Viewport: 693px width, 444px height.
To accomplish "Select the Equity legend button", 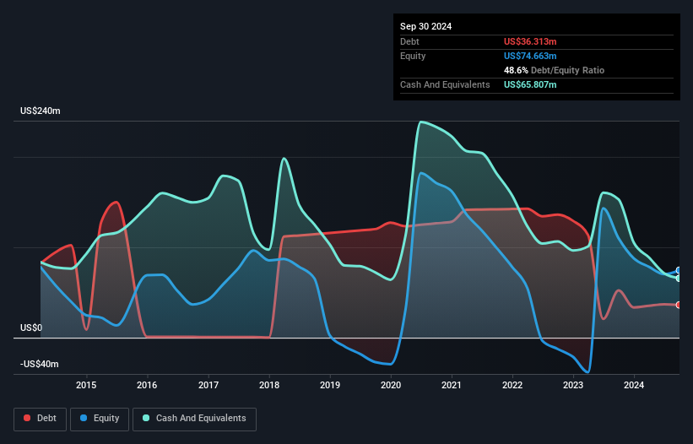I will pos(100,419).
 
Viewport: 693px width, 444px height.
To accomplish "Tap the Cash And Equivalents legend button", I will pos(194,419).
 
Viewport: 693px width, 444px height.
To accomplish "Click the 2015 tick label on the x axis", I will pos(86,385).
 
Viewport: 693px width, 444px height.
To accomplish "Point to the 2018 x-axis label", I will pos(269,385).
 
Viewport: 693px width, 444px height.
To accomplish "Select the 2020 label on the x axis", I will pos(391,385).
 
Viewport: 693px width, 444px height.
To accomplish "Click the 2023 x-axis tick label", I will pos(574,385).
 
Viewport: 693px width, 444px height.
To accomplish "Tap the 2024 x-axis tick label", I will pos(635,385).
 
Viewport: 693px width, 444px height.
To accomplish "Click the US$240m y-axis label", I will pos(41,111).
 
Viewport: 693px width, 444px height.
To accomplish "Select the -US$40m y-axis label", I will pos(40,364).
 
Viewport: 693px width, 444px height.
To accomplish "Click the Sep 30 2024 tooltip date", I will pos(425,26).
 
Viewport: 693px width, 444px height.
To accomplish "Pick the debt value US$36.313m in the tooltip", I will pos(530,41).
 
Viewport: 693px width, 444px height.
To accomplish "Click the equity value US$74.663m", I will pos(530,56).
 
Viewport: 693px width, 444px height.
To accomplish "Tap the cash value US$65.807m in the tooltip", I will pos(530,84).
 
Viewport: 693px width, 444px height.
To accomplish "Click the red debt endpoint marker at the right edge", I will pos(679,305).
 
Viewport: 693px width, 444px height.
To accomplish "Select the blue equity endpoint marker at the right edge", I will pos(679,271).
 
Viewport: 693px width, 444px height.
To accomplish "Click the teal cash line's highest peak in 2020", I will pos(420,122).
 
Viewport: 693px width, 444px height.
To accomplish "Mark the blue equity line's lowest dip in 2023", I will pos(587,371).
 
